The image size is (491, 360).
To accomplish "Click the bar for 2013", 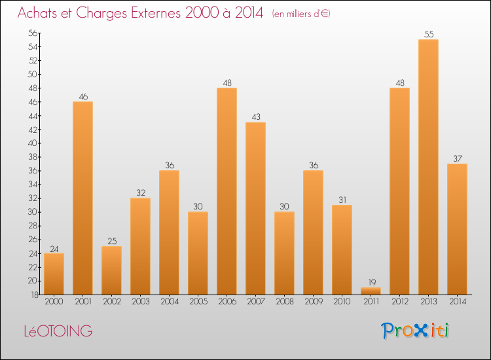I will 428,167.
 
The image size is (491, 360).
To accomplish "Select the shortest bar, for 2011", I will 371,291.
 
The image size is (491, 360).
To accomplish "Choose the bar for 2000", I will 54,274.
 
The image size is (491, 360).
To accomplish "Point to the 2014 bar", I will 457,229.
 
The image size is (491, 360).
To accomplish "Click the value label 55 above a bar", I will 428,35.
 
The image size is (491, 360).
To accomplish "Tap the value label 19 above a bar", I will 371,283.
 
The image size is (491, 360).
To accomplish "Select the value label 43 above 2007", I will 255,117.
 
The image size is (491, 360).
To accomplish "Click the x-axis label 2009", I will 313,302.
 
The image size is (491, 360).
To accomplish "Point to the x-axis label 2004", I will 169,302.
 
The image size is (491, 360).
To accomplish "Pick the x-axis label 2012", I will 399,302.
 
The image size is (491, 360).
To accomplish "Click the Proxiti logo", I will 415,331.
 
